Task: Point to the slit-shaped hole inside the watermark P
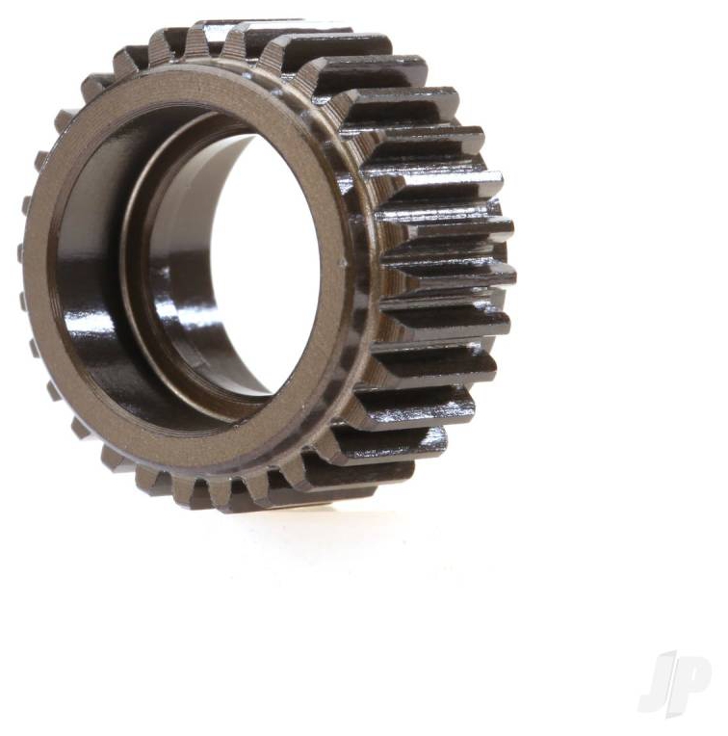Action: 695,671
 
